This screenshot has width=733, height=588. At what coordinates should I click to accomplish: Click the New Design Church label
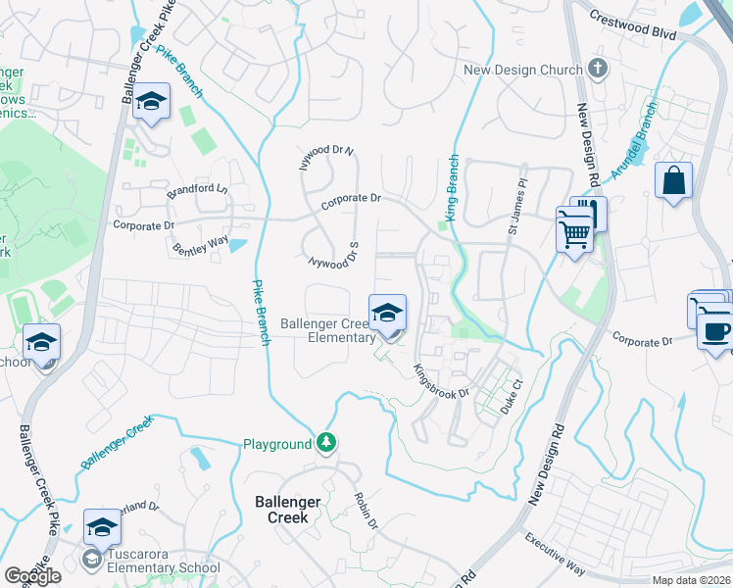[521, 70]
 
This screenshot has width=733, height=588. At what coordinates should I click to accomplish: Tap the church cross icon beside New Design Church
[599, 70]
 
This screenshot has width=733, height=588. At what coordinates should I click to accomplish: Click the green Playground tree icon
[326, 444]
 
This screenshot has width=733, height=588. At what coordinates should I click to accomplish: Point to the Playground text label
[277, 445]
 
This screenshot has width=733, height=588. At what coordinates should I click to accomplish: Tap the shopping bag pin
[673, 181]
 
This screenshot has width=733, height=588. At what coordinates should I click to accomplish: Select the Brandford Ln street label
[196, 190]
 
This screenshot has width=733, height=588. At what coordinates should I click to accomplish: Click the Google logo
[32, 575]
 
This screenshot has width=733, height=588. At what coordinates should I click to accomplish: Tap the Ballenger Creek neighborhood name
[287, 509]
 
